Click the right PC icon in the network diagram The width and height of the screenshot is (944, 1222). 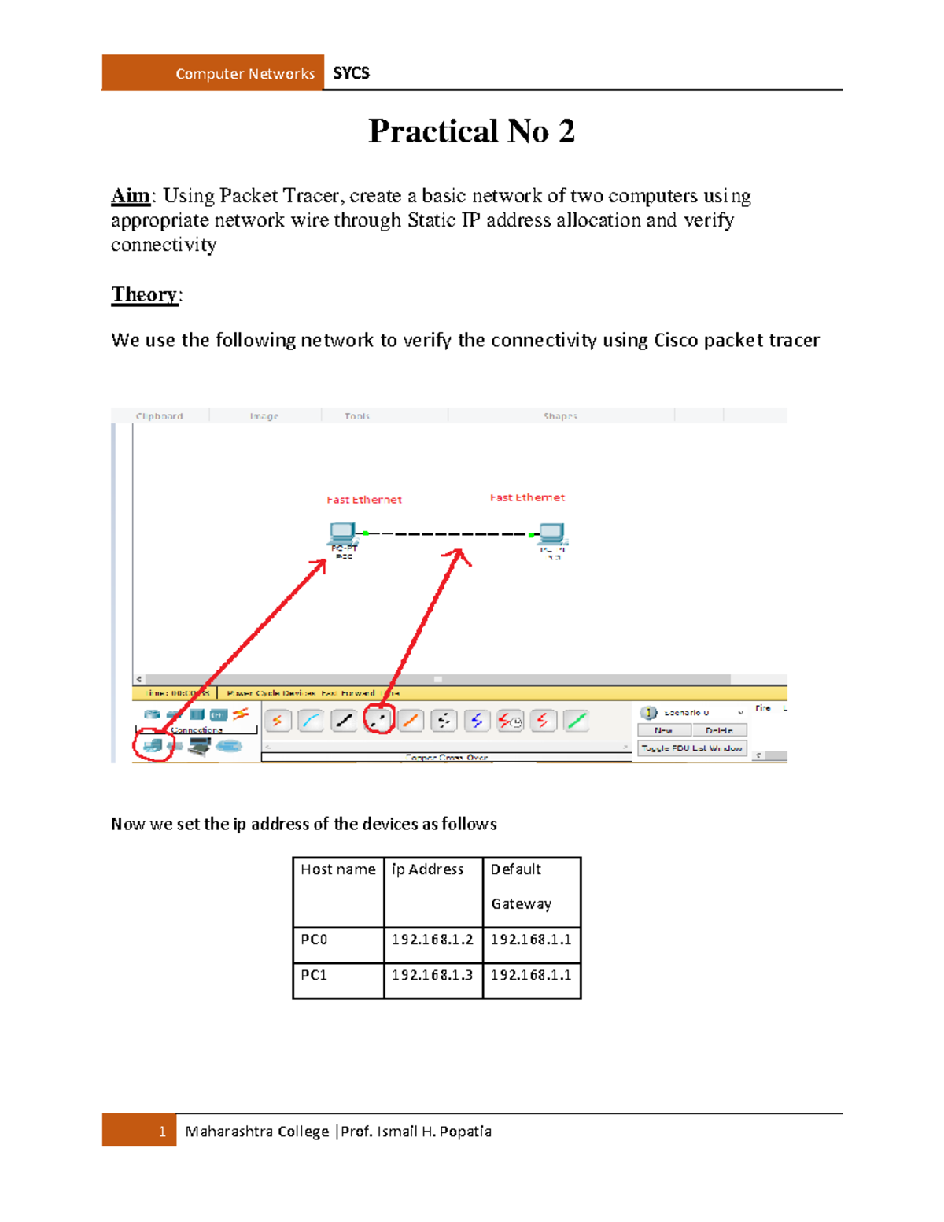click(551, 533)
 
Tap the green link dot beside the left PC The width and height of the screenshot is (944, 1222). click(366, 533)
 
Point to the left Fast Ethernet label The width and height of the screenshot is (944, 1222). click(364, 500)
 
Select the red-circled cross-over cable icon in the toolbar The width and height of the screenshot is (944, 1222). click(379, 719)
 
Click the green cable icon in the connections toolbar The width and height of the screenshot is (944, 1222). click(576, 720)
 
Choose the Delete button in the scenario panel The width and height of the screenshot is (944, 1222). click(719, 730)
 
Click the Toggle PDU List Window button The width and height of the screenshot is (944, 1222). click(691, 748)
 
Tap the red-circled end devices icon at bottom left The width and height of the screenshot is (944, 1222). click(153, 744)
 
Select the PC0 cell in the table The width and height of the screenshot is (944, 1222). click(315, 940)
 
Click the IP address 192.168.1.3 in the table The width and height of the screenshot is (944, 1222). click(433, 975)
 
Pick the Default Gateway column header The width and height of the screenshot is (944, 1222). click(521, 886)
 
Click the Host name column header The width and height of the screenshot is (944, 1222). click(338, 869)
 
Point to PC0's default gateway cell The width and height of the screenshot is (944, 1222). click(531, 940)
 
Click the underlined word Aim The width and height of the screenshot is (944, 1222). click(131, 196)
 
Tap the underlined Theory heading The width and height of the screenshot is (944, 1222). click(145, 294)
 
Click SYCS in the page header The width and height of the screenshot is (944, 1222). click(351, 73)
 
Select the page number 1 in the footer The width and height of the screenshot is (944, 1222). click(162, 1132)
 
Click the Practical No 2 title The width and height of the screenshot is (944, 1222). click(471, 131)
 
